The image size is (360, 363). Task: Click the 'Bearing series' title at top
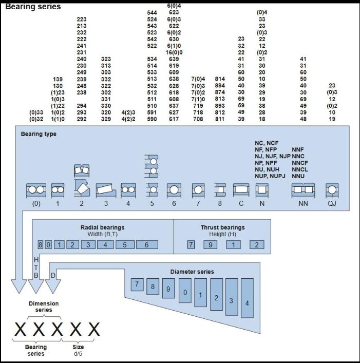(x=33, y=7)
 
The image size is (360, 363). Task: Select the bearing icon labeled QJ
(x=332, y=190)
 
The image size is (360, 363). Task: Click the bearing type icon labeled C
(x=241, y=190)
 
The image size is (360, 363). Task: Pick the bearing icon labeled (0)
(x=36, y=190)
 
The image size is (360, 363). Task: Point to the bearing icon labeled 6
(x=174, y=190)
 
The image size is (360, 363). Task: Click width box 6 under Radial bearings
(x=147, y=245)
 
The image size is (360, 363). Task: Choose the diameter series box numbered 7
(x=137, y=283)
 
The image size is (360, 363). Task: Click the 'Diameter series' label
(x=192, y=271)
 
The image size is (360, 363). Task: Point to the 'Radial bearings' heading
(x=102, y=227)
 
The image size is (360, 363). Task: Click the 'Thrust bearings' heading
(x=222, y=227)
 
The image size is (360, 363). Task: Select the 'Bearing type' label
(x=39, y=134)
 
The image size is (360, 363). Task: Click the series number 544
(x=151, y=12)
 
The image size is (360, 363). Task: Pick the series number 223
(x=81, y=19)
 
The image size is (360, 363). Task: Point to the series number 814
(x=220, y=79)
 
